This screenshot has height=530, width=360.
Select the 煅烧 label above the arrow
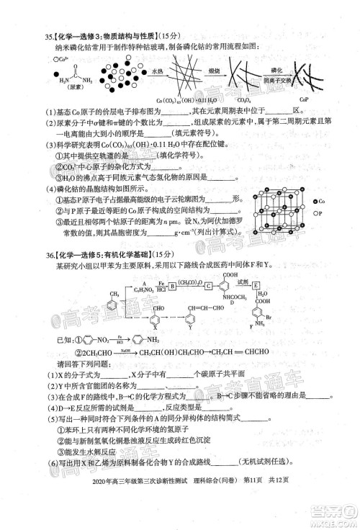pyautogui.click(x=215, y=72)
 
